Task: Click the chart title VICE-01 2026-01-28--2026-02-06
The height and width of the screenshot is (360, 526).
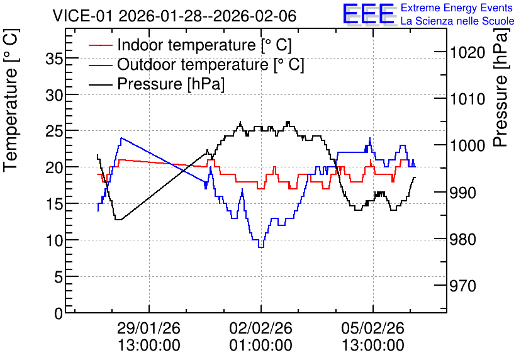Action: pos(174,16)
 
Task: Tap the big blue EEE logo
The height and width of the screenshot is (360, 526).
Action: pos(369,14)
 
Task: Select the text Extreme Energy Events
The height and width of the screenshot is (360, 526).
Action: pos(457,8)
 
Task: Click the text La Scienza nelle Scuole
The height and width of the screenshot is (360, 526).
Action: pos(457,21)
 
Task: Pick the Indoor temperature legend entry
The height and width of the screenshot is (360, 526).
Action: pos(190,45)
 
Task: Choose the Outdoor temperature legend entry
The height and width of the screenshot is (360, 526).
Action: pos(196,64)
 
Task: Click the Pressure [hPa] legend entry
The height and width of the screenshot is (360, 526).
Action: pos(157,84)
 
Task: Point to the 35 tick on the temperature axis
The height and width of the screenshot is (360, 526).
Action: pos(54,59)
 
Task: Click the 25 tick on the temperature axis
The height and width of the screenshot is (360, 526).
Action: pos(54,131)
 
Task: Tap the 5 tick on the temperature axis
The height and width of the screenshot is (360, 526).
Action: pos(59,277)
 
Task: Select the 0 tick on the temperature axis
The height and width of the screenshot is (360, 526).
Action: pos(59,313)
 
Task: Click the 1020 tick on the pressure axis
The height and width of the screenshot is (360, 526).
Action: pos(467,53)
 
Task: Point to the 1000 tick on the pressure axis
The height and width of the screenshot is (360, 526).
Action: pos(467,145)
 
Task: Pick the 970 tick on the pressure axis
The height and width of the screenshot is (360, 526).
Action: pos(463,286)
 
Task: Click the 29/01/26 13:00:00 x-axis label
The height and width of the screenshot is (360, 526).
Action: pos(149,337)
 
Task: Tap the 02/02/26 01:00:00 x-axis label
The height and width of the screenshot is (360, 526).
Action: pos(261,337)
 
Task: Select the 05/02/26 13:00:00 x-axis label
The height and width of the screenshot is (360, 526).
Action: pos(373,337)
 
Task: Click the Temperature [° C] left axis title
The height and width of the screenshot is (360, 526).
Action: pos(11,101)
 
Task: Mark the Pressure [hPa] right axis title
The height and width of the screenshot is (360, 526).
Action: pos(501,88)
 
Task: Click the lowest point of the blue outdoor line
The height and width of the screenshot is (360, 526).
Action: pos(261,247)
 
